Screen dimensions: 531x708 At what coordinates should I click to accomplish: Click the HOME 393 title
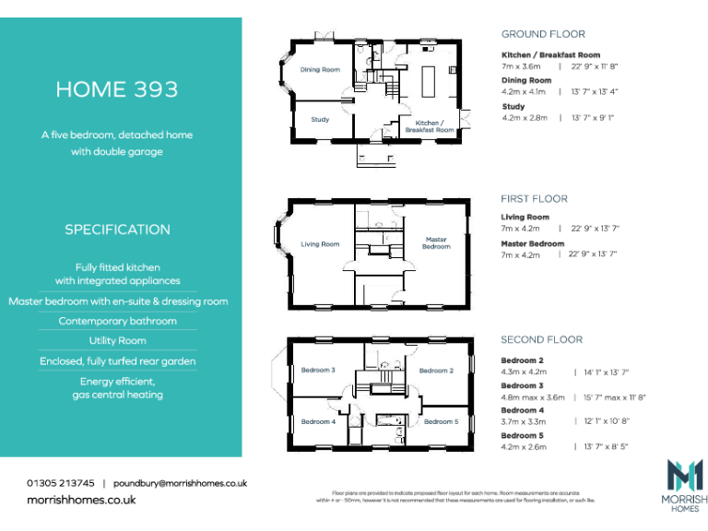(117, 89)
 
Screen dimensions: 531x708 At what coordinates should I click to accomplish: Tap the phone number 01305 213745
(61, 483)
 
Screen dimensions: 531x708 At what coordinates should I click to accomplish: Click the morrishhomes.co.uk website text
(81, 500)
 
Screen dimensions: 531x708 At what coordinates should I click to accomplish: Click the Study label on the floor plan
(320, 120)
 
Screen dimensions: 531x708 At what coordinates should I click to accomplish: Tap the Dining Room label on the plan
(320, 70)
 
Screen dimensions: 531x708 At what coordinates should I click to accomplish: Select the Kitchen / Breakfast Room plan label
(430, 126)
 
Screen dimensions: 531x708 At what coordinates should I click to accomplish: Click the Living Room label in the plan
(320, 244)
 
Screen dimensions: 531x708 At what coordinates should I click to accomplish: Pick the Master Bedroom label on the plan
(436, 242)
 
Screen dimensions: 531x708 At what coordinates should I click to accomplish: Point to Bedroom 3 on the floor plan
(318, 371)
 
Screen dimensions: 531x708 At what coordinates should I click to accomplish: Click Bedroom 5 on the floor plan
(441, 421)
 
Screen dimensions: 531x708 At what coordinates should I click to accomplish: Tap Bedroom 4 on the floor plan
(318, 421)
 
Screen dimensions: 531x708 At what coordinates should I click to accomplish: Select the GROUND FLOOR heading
(543, 34)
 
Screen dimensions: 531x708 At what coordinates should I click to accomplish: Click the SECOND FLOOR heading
(541, 340)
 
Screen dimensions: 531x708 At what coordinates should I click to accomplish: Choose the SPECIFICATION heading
(117, 230)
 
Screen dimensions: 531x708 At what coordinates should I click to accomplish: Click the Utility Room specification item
(117, 341)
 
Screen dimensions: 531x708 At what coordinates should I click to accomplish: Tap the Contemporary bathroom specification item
(117, 321)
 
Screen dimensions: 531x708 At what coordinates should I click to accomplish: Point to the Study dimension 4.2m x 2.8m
(525, 118)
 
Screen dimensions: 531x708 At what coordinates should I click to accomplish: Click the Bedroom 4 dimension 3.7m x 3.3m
(524, 421)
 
